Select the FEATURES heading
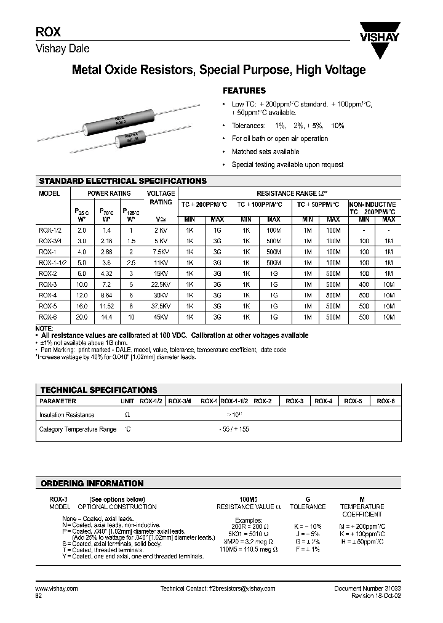pyautogui.click(x=244, y=90)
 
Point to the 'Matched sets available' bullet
pyautogui.click(x=265, y=151)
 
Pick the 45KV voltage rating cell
pyautogui.click(x=161, y=317)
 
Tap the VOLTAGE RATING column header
pyautogui.click(x=161, y=198)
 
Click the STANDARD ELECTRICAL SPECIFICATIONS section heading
pyautogui.click(x=123, y=182)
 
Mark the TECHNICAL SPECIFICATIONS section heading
pyautogui.click(x=98, y=390)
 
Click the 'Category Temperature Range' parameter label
pyautogui.click(x=78, y=429)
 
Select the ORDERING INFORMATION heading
pyautogui.click(x=92, y=483)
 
